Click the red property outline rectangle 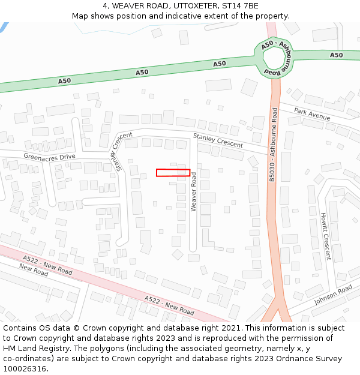pos(173,173)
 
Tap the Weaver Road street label pos(194,192)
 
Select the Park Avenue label pos(312,114)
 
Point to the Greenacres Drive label pos(49,157)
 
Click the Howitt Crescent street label pos(325,236)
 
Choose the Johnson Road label pos(333,295)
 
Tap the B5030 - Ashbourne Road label pos(273,145)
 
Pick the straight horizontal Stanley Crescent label pos(218,141)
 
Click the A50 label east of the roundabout pos(336,55)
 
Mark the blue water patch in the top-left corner pos(3,27)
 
